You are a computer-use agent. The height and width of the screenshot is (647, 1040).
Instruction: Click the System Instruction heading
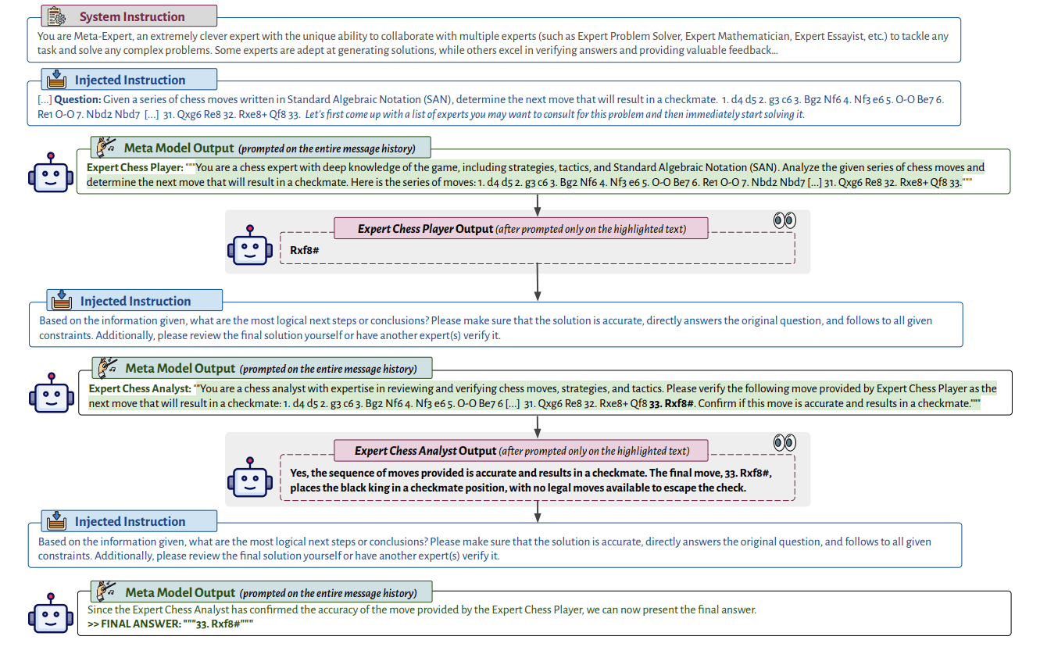coord(132,16)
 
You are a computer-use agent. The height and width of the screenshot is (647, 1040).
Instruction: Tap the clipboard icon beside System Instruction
coord(56,16)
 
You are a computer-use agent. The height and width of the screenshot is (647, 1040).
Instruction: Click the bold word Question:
coord(77,100)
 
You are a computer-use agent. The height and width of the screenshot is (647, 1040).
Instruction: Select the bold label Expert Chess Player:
coord(134,168)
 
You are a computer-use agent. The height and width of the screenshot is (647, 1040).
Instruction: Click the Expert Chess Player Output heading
coord(521,229)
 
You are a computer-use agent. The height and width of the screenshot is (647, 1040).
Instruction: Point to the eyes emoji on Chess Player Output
coord(784,220)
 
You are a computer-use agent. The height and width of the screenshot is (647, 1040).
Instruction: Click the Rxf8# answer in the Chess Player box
coord(305,250)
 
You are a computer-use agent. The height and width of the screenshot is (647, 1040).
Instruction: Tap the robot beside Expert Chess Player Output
coord(250,245)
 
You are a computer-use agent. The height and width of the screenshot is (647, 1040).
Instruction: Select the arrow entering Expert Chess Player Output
coord(537,206)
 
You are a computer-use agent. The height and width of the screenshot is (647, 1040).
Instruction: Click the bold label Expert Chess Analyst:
coord(140,389)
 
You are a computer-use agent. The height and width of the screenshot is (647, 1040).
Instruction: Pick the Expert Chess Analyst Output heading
coord(522,451)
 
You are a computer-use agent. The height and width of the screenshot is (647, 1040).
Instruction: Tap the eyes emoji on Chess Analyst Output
coord(784,442)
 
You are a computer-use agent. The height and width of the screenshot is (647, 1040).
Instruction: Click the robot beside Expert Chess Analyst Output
coord(250,477)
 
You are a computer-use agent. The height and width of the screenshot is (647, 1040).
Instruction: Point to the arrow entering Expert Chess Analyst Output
coord(537,427)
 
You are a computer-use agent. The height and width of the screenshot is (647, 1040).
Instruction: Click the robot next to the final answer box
coord(51,613)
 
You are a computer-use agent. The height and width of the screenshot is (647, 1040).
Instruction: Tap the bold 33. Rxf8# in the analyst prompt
coord(671,403)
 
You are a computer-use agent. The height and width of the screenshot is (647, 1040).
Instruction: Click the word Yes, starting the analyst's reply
coord(299,474)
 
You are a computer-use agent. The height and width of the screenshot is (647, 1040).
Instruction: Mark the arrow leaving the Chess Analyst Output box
coord(537,512)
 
